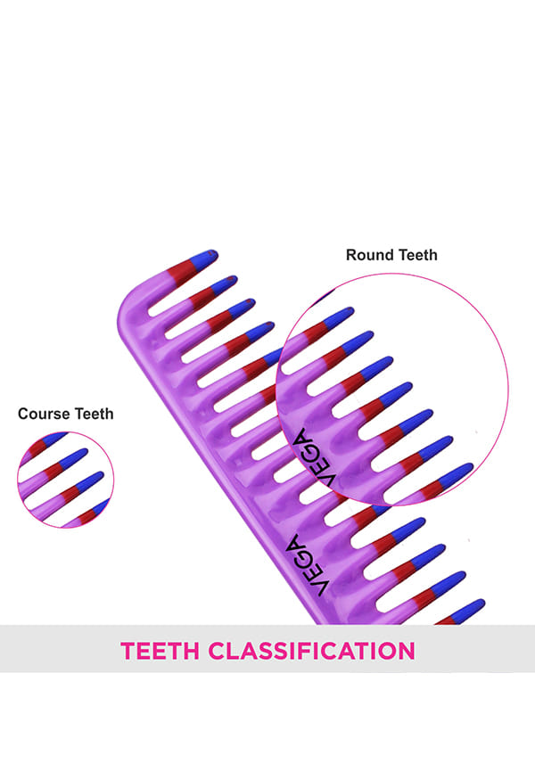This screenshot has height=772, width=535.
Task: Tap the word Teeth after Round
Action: click(418, 255)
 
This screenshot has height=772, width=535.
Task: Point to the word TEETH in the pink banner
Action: click(160, 651)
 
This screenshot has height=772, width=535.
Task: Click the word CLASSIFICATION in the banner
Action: click(311, 651)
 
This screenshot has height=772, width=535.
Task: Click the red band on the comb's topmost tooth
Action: click(181, 272)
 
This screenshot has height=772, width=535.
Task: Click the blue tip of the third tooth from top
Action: click(243, 306)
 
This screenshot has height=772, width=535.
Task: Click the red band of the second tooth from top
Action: click(201, 298)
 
